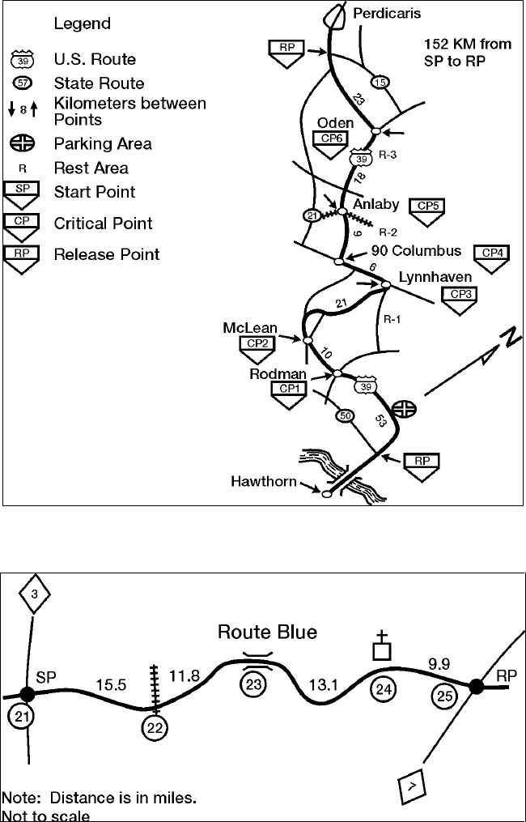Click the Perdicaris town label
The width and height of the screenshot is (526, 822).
(388, 13)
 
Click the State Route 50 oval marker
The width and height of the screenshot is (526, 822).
(346, 416)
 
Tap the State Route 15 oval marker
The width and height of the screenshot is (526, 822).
(380, 83)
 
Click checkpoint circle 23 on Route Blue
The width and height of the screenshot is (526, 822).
(253, 685)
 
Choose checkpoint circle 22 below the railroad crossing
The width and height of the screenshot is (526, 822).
(155, 728)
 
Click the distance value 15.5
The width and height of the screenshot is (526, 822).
(110, 684)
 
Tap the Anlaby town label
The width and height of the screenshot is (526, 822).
(376, 204)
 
